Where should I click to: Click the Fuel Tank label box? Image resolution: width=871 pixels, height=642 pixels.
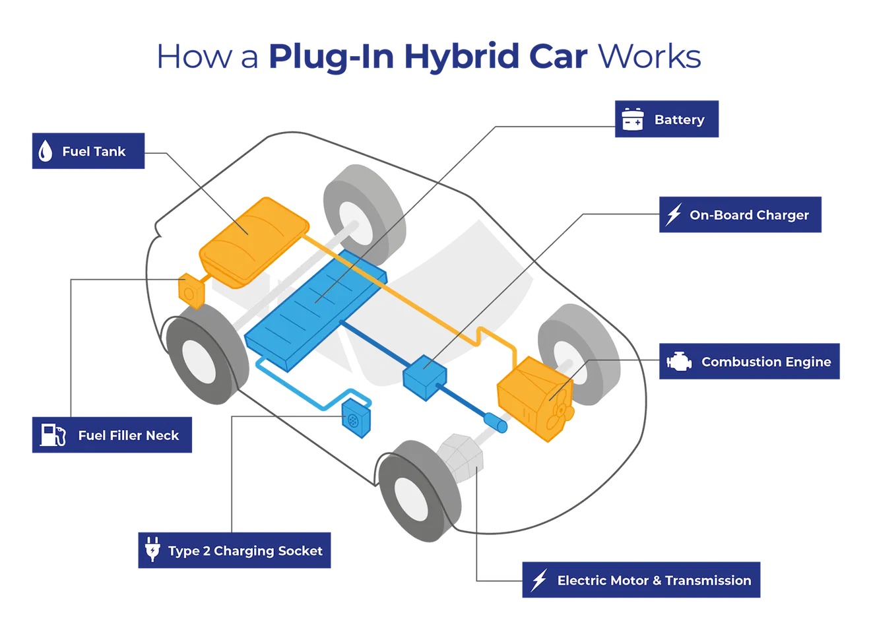click(88, 151)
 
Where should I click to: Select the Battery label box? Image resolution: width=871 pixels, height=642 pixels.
click(667, 119)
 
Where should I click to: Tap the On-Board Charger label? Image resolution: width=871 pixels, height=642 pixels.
click(740, 214)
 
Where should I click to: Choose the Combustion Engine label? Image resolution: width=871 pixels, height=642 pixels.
click(750, 362)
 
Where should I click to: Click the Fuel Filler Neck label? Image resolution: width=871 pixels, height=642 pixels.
click(112, 435)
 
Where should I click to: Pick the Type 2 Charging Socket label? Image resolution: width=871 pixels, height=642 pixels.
click(234, 550)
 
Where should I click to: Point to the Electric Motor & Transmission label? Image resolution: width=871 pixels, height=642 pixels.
click(641, 580)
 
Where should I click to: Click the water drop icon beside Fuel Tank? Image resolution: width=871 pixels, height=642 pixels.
click(45, 151)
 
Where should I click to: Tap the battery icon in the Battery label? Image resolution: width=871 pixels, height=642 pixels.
click(633, 119)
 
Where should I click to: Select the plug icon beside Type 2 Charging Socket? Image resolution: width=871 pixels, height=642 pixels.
click(152, 549)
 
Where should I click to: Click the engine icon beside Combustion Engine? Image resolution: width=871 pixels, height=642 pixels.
click(679, 362)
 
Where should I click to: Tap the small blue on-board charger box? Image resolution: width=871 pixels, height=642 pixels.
click(424, 379)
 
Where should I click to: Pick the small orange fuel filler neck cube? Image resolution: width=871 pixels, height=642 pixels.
click(190, 290)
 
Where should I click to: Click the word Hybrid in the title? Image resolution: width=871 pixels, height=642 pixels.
click(462, 57)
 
